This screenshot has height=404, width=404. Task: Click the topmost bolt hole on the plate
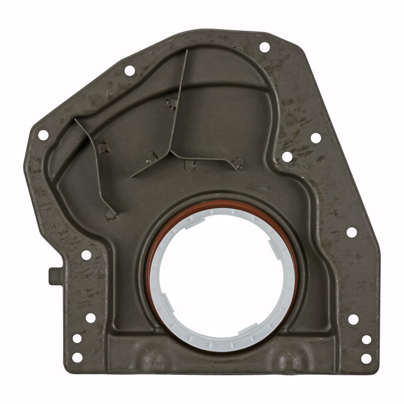264,47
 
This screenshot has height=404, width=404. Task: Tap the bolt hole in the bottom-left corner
77,357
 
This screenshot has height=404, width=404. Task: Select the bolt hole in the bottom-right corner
366,358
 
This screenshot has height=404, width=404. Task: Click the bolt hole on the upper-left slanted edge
130,71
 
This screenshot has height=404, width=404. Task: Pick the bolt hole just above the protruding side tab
86,255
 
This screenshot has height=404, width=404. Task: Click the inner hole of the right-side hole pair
287,157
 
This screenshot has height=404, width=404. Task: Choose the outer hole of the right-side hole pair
316,138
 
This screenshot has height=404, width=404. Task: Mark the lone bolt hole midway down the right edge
351,232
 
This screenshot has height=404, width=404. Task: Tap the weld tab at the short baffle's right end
236,163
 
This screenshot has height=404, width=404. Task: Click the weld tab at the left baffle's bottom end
111,214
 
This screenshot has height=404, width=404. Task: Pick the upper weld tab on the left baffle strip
105,147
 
